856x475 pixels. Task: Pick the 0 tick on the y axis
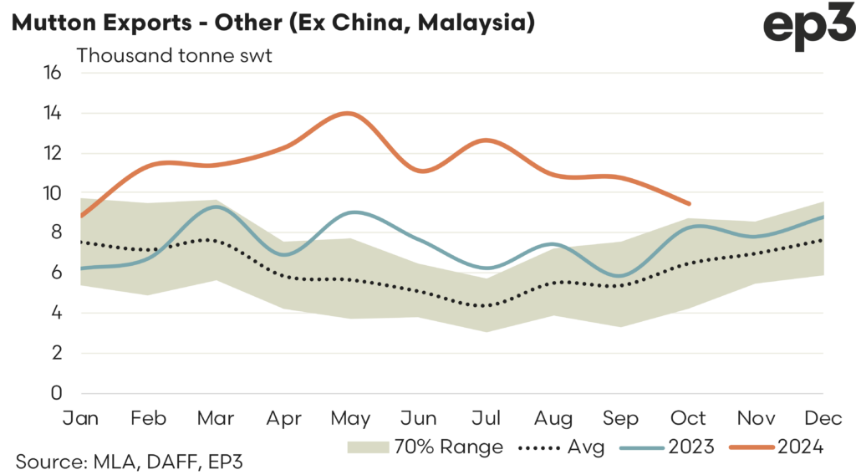point(57,394)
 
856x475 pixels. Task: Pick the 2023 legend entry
point(668,447)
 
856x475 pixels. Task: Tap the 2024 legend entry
point(777,447)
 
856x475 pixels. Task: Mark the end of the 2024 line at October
point(689,203)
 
